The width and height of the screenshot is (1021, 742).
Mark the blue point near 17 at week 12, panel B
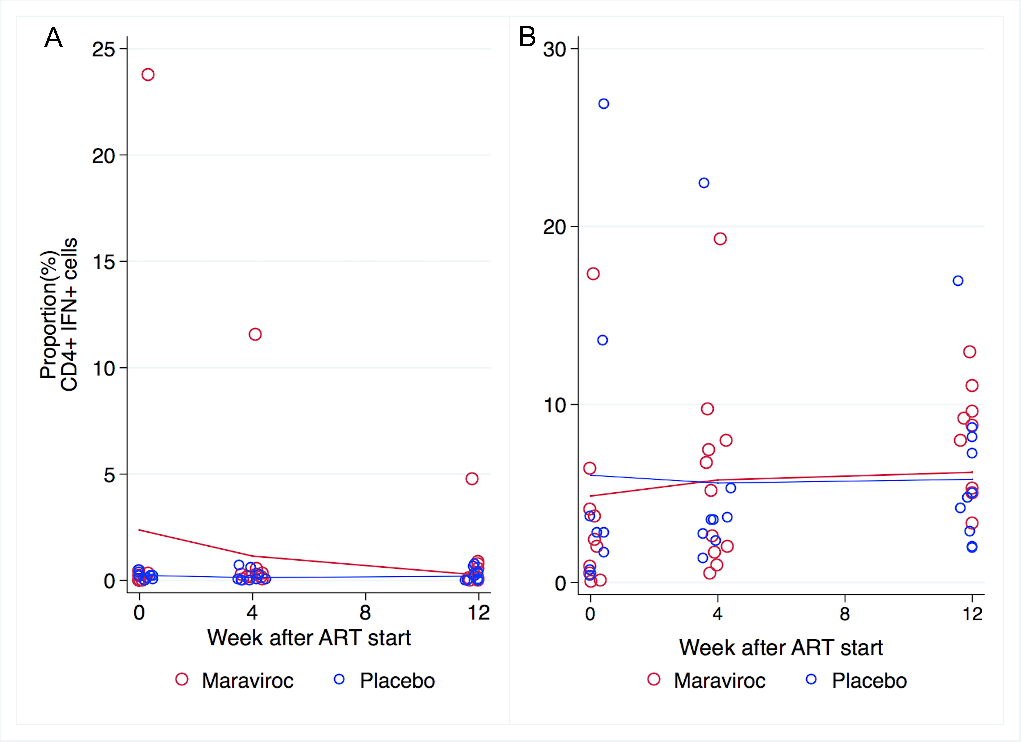958,281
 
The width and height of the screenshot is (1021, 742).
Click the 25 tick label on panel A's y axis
104,50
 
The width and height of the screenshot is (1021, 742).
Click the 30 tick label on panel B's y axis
555,50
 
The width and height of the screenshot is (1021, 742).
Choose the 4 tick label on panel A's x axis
252,612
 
